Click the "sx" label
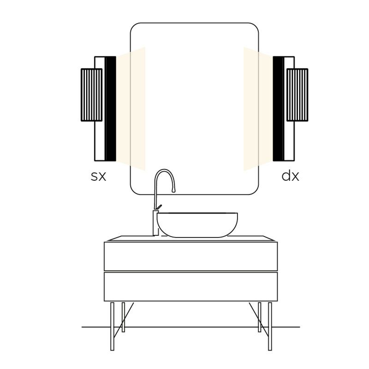pyautogui.click(x=98, y=176)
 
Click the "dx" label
pyautogui.click(x=290, y=176)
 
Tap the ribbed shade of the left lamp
pyautogui.click(x=91, y=95)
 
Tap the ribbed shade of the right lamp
pyautogui.click(x=297, y=95)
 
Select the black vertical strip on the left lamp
pyautogui.click(x=110, y=109)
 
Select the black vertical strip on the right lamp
pyautogui.click(x=279, y=109)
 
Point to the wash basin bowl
pyautogui.click(x=197, y=225)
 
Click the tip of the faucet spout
pyautogui.click(x=174, y=191)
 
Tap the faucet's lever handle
pyautogui.click(x=159, y=207)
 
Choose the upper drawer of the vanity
pyautogui.click(x=191, y=256)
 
